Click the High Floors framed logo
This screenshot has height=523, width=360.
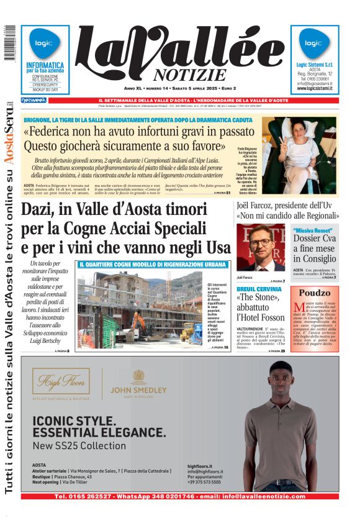[61, 381]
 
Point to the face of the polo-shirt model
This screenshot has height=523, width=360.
[281, 380]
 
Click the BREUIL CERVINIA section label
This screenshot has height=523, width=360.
[259, 289]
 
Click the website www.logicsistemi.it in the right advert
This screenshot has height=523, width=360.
[314, 88]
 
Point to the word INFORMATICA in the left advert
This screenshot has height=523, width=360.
[45, 65]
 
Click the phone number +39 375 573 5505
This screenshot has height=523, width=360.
[204, 482]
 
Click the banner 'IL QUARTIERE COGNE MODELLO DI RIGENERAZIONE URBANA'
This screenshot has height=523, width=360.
[153, 264]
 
